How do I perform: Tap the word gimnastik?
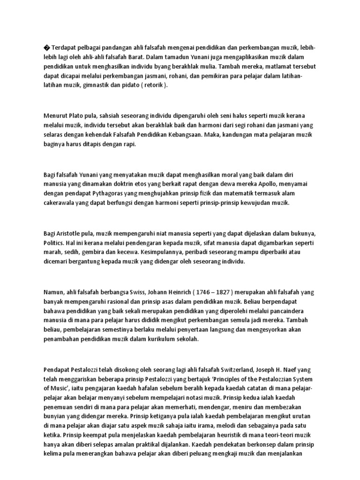click(107, 86)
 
